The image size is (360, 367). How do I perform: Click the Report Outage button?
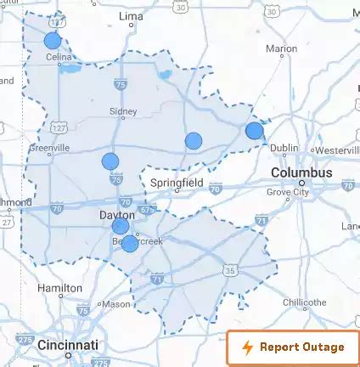tap(293, 347)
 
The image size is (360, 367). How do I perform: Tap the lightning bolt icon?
tap(248, 347)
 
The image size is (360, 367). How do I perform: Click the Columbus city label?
tap(301, 172)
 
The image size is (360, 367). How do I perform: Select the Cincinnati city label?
tap(68, 345)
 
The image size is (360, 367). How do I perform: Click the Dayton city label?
tap(117, 216)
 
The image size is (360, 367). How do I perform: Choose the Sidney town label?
tap(123, 110)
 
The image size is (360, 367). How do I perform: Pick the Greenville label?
tap(50, 147)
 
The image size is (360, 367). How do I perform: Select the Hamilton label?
tap(59, 288)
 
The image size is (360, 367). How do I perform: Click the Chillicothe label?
tap(304, 302)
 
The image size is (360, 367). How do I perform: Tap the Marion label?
tap(281, 48)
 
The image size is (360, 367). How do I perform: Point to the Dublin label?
tap(284, 148)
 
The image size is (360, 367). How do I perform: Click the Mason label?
tap(116, 303)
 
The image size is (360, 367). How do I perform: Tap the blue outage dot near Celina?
tap(52, 40)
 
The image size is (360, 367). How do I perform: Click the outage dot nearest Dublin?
tap(254, 130)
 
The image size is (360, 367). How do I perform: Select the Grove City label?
tap(289, 192)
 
